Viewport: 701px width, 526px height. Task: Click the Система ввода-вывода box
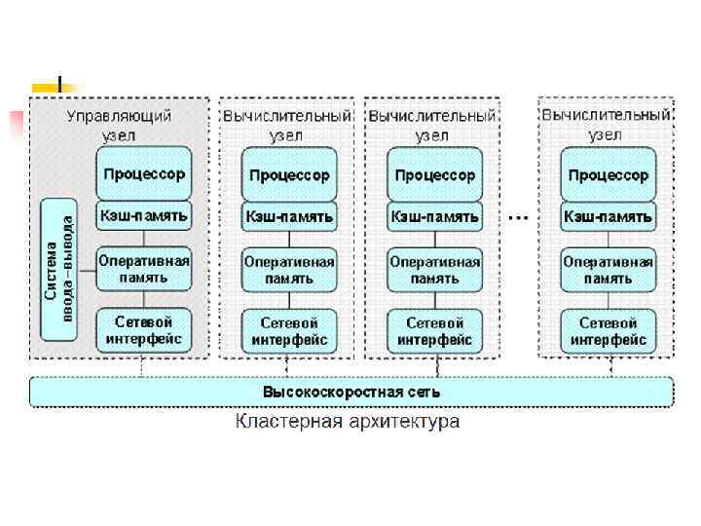[58, 268]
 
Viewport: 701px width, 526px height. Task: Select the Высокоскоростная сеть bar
[350, 392]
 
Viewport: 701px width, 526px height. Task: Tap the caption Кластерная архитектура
[347, 422]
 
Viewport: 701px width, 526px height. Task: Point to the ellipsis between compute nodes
[519, 216]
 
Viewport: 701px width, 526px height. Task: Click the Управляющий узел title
[119, 125]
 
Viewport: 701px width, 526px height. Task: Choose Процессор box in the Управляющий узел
[143, 174]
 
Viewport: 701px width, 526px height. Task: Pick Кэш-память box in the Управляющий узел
[143, 214]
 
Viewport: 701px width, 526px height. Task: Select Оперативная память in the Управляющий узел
[143, 269]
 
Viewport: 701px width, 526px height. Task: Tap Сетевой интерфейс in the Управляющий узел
[143, 331]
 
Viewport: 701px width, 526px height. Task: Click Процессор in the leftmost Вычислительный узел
[289, 175]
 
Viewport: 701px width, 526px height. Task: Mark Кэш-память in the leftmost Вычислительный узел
[289, 216]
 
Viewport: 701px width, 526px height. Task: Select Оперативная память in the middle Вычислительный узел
[434, 270]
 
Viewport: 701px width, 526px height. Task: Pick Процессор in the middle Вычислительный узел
[434, 175]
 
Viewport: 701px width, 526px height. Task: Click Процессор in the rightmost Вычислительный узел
[608, 175]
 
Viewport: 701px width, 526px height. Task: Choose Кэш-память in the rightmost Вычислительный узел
[608, 216]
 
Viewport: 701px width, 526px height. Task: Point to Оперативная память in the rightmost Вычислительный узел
[608, 270]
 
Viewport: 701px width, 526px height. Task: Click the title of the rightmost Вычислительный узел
[606, 125]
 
